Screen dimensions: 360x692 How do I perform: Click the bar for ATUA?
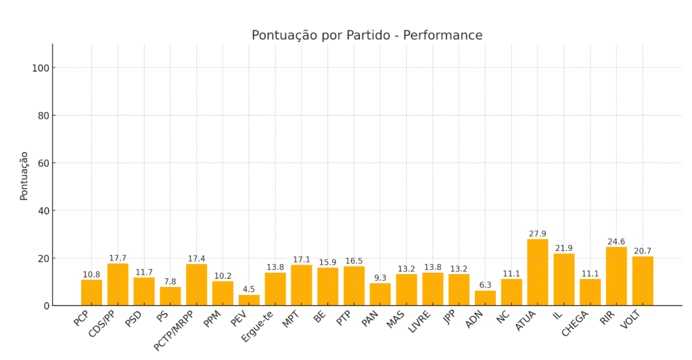coord(537,272)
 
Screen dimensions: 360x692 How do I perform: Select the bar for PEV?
coord(249,300)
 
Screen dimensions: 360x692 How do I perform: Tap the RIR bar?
coord(616,276)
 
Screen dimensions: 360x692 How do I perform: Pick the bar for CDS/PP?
coord(118,284)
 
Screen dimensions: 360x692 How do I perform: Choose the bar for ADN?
coord(485,298)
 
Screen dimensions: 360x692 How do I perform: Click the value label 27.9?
coord(537,234)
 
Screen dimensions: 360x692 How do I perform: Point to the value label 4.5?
coord(249,290)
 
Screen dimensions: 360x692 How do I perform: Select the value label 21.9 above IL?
coord(563,248)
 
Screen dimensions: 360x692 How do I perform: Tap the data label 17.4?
coord(196,258)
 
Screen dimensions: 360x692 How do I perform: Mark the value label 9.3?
coord(380,278)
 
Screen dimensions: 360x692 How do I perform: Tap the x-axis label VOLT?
coord(630,319)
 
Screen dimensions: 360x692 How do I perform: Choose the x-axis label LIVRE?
coord(420,321)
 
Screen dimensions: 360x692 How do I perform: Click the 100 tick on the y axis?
coord(41,68)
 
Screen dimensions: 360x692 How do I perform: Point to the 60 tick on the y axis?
coord(43,163)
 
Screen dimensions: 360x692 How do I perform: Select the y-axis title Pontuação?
coord(24,175)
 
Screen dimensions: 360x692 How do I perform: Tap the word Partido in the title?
coord(366,36)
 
